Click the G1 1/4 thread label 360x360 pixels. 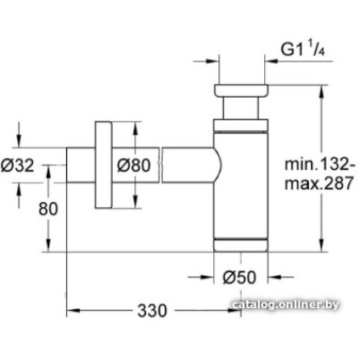pyautogui.click(x=302, y=50)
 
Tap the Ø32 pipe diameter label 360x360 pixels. pyautogui.click(x=17, y=165)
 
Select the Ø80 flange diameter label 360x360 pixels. pyautogui.click(x=133, y=165)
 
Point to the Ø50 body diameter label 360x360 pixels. pyautogui.click(x=239, y=278)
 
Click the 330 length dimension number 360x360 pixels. pyautogui.click(x=152, y=311)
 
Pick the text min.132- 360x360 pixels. pyautogui.click(x=319, y=164)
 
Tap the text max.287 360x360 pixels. pyautogui.click(x=319, y=183)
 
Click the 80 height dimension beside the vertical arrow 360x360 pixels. pyautogui.click(x=48, y=209)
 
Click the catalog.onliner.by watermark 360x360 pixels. pyautogui.click(x=285, y=305)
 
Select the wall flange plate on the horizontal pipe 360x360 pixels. pyautogui.click(x=104, y=165)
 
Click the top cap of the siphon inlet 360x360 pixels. pyautogui.click(x=241, y=91)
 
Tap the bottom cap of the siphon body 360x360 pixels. pyautogui.click(x=240, y=245)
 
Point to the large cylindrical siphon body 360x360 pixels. pyautogui.click(x=240, y=185)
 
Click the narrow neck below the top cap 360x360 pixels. pyautogui.click(x=241, y=108)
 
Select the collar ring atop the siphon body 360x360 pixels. pyautogui.click(x=240, y=126)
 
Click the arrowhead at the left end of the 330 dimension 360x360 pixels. pyautogui.click(x=72, y=311)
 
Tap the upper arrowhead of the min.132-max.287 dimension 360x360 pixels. pyautogui.click(x=321, y=91)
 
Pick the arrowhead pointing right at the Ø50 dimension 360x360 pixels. pyautogui.click(x=206, y=278)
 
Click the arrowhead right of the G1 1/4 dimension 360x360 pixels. pyautogui.click(x=271, y=60)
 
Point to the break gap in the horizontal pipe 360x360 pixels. pyautogui.click(x=160, y=165)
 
